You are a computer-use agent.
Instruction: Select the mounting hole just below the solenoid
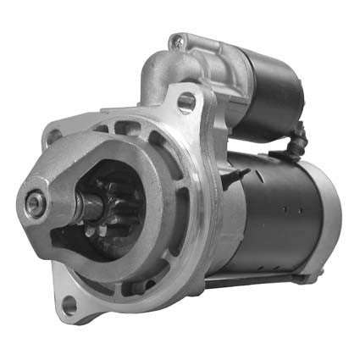coord(186,103)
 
